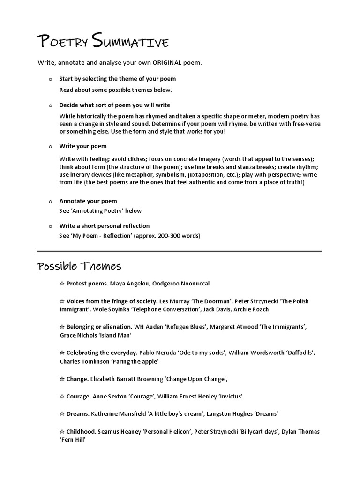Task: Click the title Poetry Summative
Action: [103, 43]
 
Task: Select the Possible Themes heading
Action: [79, 266]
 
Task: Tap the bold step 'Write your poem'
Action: [82, 146]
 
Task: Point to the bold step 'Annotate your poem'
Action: [88, 201]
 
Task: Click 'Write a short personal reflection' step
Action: [104, 226]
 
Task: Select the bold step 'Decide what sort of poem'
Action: [114, 105]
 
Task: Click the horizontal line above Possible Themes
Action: [179, 251]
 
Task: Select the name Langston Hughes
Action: [227, 414]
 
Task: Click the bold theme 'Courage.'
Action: [78, 396]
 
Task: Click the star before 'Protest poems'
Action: [62, 284]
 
